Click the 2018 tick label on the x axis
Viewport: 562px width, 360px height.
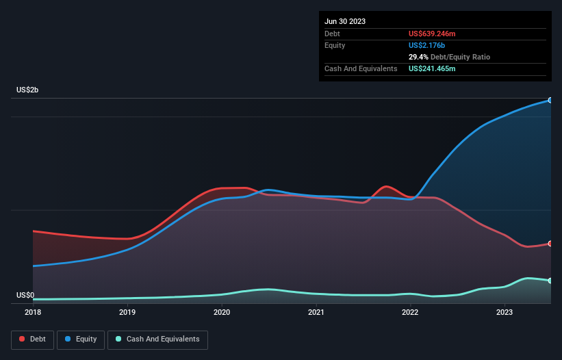(x=33, y=313)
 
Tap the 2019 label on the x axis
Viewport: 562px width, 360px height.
(x=127, y=313)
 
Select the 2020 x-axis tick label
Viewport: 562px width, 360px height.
(x=222, y=313)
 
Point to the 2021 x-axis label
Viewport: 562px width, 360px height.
(x=316, y=313)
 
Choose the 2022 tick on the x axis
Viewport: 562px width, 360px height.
(x=410, y=313)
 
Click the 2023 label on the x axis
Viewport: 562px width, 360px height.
(x=504, y=313)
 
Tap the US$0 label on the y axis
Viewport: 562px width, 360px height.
(x=25, y=296)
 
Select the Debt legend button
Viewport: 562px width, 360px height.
(x=32, y=339)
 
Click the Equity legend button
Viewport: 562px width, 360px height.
(x=81, y=339)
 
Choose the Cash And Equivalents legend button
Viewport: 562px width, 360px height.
(x=157, y=339)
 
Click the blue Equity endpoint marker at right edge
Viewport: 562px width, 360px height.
(x=550, y=100)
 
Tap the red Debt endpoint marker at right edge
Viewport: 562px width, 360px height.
(x=550, y=244)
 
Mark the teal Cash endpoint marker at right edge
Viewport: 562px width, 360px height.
(x=550, y=281)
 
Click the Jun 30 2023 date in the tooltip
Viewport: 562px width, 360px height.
(x=345, y=21)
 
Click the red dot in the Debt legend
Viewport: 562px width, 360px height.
(x=22, y=339)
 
